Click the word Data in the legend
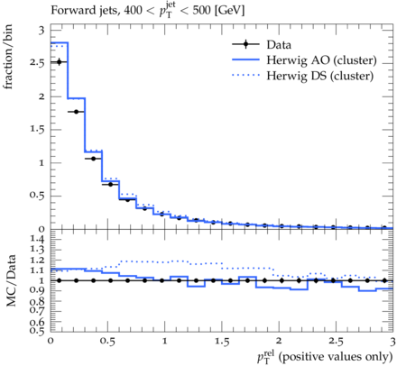point(279,45)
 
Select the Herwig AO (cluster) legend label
point(321,60)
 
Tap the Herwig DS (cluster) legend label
point(320,76)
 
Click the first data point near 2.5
point(59,62)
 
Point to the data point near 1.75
point(76,112)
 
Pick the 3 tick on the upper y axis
point(42,31)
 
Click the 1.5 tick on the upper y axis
point(37,130)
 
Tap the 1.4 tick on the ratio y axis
point(37,240)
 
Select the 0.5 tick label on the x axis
point(108,342)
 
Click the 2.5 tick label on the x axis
point(336,342)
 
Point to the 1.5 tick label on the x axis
point(222,342)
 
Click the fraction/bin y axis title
point(8,57)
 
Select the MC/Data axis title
point(11,280)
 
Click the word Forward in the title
point(69,11)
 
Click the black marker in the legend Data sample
point(245,44)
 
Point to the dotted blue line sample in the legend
point(245,75)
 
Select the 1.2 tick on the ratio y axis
point(37,260)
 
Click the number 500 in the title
point(201,11)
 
